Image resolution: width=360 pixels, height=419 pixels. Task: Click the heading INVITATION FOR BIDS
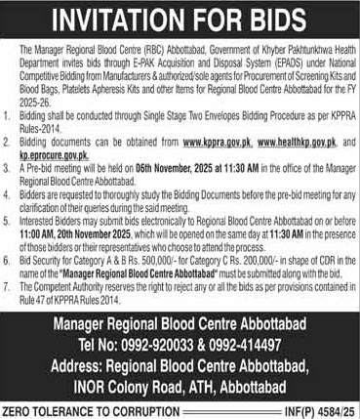pyautogui.click(x=180, y=19)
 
